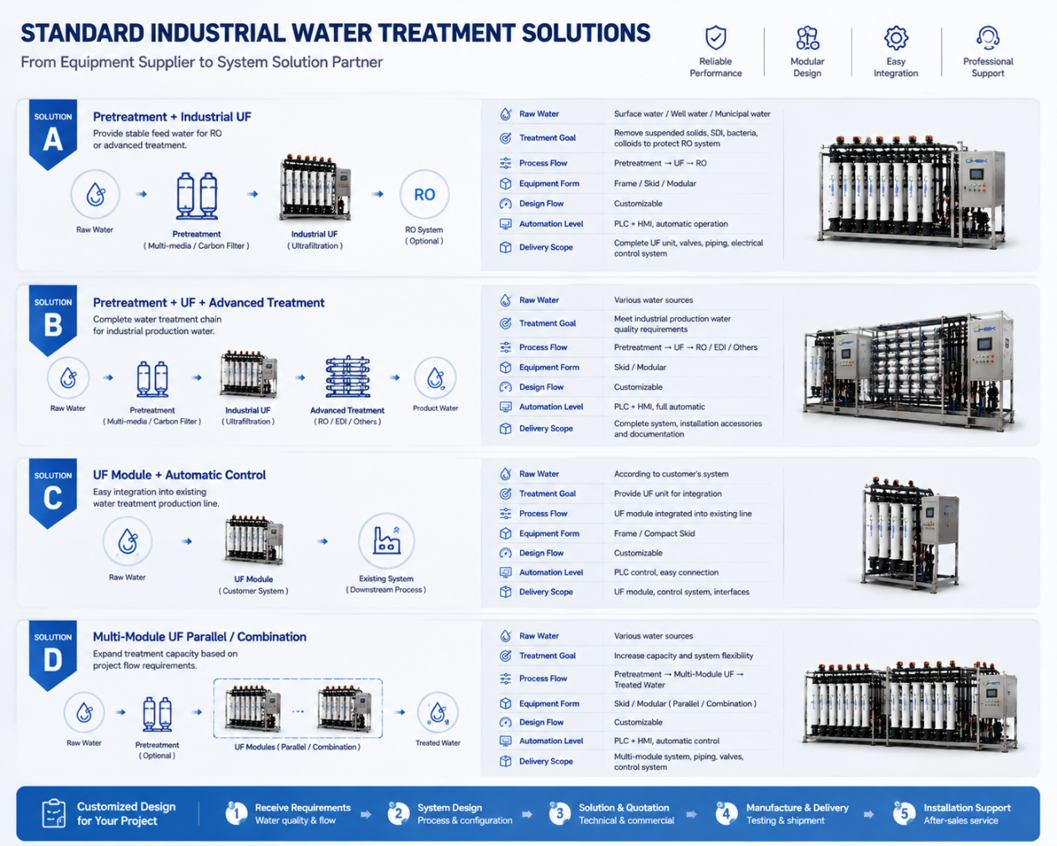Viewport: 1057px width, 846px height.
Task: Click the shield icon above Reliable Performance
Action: coord(716,38)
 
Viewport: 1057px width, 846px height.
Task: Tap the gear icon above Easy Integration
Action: coord(896,38)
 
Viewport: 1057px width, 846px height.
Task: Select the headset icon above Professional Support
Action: coord(988,38)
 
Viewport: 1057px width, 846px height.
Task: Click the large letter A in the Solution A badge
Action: coord(53,139)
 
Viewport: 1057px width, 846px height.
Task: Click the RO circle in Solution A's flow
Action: coord(424,195)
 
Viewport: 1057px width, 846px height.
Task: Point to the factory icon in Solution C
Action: coord(387,540)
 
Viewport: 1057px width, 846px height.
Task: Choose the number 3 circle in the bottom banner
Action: coord(559,813)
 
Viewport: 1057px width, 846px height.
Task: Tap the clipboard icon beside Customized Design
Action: coord(53,813)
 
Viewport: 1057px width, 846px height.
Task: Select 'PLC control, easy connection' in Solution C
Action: coord(666,572)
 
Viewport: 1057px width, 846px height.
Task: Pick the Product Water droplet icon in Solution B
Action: coord(435,377)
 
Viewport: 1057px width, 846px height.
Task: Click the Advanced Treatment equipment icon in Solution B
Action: coord(348,377)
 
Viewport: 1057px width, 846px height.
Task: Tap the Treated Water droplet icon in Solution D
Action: coord(437,712)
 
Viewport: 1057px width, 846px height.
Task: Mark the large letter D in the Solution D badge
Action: coord(53,660)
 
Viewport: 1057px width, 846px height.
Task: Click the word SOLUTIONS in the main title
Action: coord(586,33)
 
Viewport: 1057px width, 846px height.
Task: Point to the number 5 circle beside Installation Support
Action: coord(904,813)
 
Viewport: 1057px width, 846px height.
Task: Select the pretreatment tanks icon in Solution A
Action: coord(197,195)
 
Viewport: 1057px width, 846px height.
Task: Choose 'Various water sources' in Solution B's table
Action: coord(653,300)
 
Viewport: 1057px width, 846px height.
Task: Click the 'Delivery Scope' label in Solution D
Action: coord(546,761)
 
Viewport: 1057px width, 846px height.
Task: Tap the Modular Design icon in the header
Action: coord(807,38)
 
